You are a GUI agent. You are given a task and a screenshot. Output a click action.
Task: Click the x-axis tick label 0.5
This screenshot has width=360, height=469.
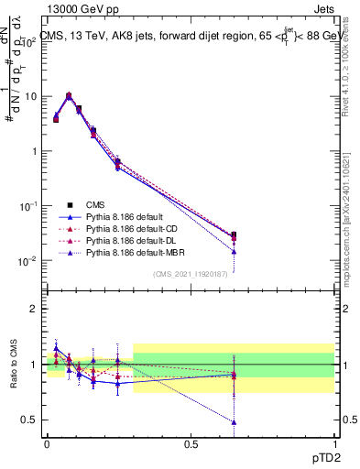coord(191,443)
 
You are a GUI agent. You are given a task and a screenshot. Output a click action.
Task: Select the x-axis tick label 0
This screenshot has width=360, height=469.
coord(47,443)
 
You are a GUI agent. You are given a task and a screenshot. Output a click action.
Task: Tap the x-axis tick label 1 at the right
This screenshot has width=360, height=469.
coord(334,443)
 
